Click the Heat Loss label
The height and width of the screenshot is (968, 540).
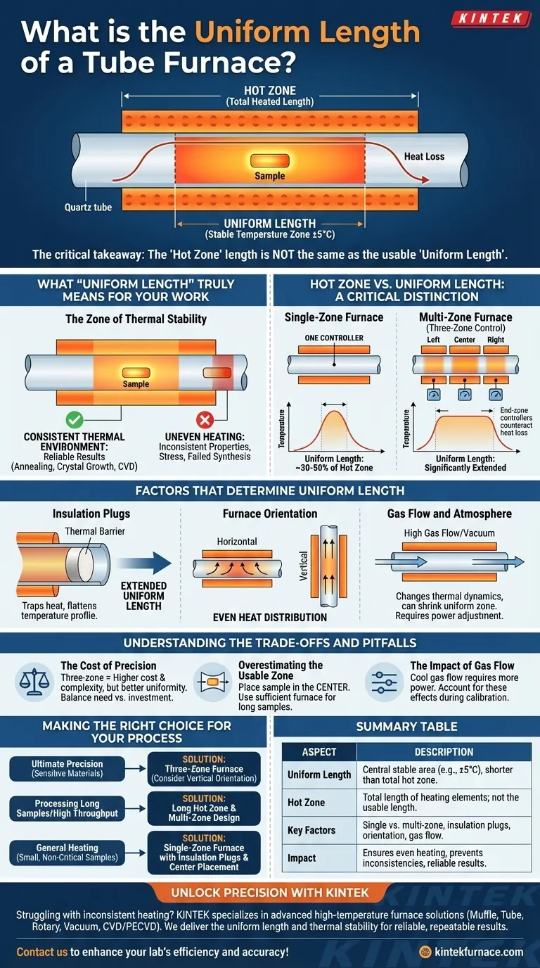tap(424, 156)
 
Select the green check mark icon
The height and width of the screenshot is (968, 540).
tap(73, 421)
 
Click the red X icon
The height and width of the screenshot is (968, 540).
tap(205, 421)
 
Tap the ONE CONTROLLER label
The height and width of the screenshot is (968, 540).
tap(334, 338)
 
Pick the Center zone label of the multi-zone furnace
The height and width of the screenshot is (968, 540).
tap(465, 340)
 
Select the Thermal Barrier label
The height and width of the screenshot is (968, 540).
tap(95, 531)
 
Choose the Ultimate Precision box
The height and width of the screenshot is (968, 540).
tap(67, 768)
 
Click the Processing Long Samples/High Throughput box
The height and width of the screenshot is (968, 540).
tap(67, 808)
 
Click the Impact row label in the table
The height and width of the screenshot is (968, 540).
tap(302, 858)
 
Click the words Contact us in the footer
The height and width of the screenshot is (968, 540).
tap(41, 952)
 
